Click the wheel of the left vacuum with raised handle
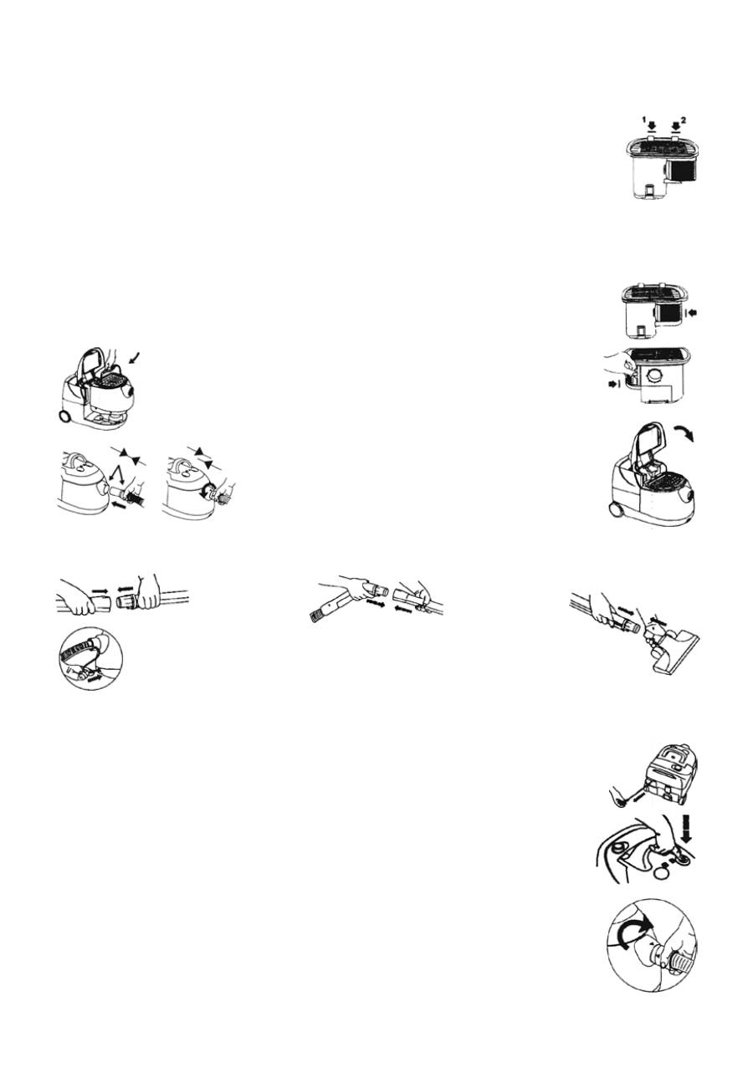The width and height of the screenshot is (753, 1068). tap(64, 416)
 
